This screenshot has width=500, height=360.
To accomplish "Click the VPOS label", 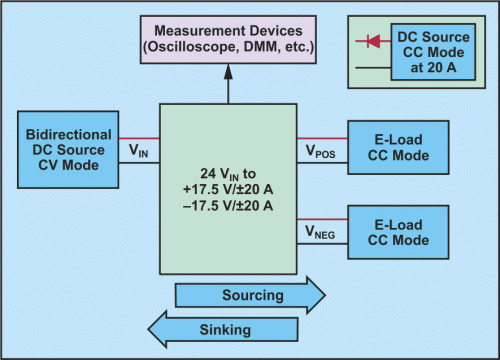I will pos(320,152).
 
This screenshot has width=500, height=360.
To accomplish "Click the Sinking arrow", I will pos(224,327).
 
